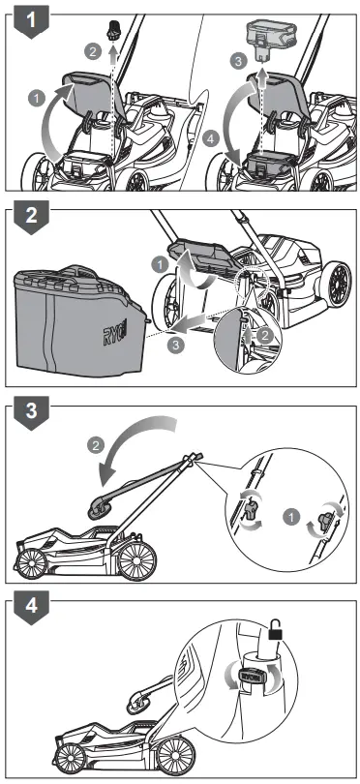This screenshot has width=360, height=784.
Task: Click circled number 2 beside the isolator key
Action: click(x=93, y=48)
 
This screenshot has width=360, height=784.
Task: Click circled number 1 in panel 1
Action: click(x=35, y=97)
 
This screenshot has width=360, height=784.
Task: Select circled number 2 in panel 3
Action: click(x=95, y=447)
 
